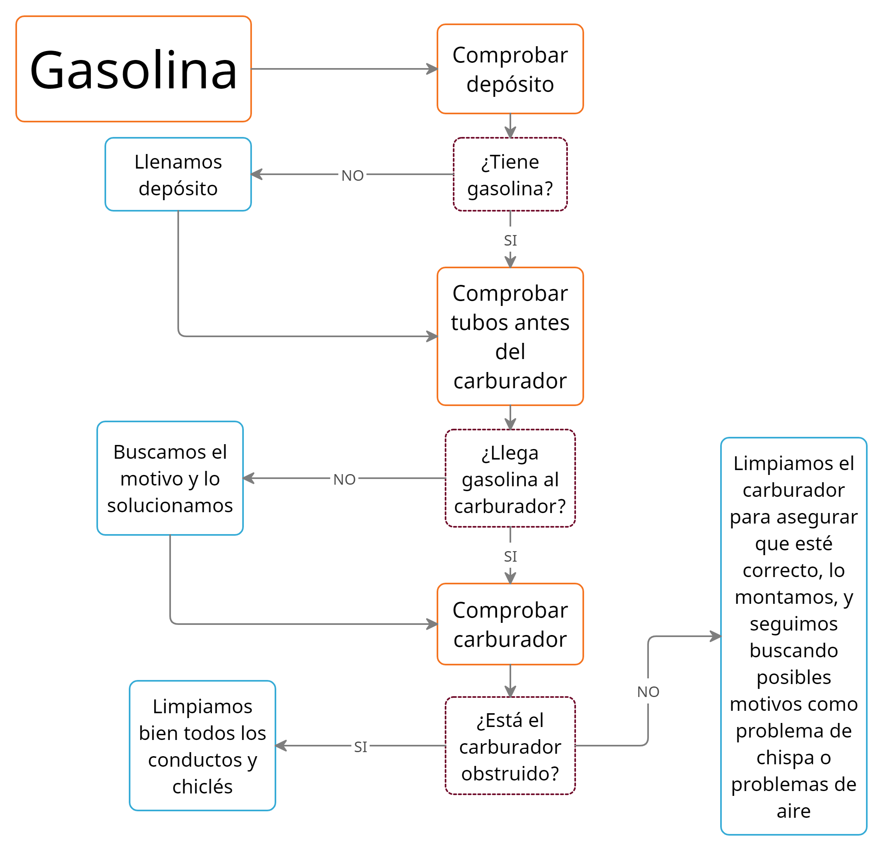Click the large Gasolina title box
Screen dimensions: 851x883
point(133,69)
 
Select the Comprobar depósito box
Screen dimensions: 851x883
point(510,69)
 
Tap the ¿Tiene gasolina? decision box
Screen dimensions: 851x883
point(510,174)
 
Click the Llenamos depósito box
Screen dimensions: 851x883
point(178,174)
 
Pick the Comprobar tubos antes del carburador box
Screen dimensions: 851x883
point(510,336)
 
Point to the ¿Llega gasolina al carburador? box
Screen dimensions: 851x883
point(510,478)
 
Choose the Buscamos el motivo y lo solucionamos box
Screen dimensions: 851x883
point(170,478)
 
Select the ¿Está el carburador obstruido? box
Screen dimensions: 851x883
point(510,746)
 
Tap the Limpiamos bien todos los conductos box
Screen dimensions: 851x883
point(202,746)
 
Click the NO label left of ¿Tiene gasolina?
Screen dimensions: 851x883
point(352,175)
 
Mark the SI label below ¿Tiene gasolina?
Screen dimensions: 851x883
point(510,240)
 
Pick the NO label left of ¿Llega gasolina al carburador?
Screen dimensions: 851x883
point(345,479)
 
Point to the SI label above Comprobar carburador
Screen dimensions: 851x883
point(510,557)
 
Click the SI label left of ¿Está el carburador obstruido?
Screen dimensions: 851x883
point(360,747)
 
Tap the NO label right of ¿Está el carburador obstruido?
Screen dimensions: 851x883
point(648,692)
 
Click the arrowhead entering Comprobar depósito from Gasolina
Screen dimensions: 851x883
point(433,69)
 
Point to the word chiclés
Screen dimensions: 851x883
point(202,787)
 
